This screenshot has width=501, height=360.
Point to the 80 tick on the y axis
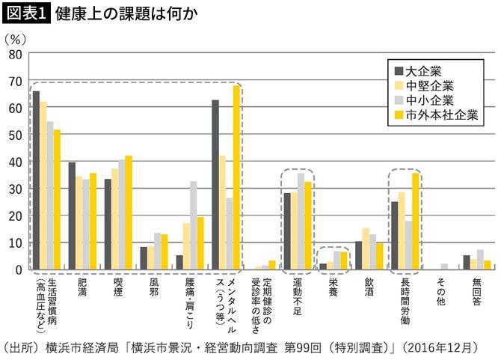pos(14,54)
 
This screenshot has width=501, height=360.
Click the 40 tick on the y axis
pos(14,162)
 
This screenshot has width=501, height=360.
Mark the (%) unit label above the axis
pos(16,36)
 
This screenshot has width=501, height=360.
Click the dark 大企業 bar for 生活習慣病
pos(36,180)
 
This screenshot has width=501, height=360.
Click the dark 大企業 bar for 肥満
pos(72,216)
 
